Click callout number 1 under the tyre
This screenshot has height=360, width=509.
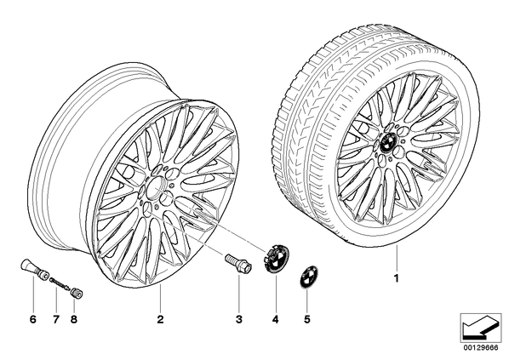tap(396, 278)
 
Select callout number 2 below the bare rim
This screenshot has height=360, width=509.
tap(160, 319)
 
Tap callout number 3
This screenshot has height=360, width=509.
tap(239, 319)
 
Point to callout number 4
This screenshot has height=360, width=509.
tap(275, 319)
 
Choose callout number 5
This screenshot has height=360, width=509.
tap(307, 319)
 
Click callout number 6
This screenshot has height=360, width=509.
tap(33, 319)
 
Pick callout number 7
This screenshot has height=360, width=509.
tap(56, 319)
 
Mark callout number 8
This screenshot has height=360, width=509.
tap(74, 319)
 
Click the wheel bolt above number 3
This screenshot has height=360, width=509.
tap(238, 263)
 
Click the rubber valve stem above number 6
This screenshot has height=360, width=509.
tap(34, 268)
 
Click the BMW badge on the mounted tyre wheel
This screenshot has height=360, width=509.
tap(387, 142)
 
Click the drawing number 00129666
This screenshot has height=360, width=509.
tap(481, 348)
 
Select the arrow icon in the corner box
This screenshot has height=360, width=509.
tap(480, 328)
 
